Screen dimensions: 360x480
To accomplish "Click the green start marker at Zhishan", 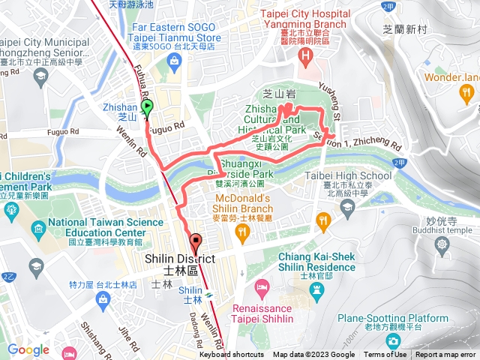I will (x=146, y=108).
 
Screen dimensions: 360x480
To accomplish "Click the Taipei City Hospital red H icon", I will (x=305, y=59).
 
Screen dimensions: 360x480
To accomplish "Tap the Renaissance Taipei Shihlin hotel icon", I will (x=262, y=287).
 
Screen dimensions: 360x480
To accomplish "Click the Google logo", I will (x=28, y=349).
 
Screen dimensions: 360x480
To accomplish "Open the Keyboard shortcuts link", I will (x=231, y=355).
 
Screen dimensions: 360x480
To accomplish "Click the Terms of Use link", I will (x=385, y=355).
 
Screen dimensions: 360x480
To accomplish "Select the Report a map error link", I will (x=445, y=355).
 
